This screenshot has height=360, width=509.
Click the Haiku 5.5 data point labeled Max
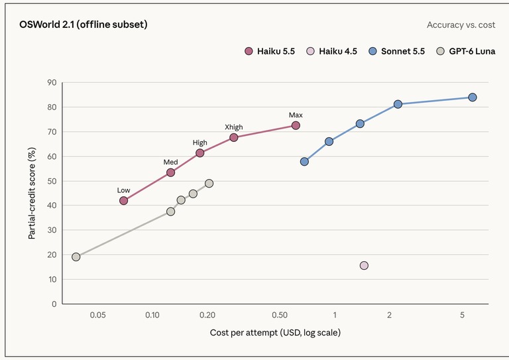coord(296,125)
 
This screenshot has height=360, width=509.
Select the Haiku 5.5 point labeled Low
coord(123,201)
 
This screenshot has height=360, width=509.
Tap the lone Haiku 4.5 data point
coord(364,266)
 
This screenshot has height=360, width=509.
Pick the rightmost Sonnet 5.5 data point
coord(473,97)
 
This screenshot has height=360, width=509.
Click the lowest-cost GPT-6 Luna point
coord(76,257)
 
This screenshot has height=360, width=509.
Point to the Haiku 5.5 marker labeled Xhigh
coord(233,137)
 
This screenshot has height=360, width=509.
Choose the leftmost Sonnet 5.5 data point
coord(304,161)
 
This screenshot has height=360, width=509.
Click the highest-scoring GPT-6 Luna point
coord(209,184)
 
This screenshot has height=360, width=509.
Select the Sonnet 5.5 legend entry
coord(397,51)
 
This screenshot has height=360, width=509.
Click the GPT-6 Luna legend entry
coord(466,51)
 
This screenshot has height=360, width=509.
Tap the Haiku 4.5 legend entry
coord(331,51)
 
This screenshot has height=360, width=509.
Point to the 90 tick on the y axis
coord(52,82)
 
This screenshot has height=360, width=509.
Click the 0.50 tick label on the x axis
coord(280,315)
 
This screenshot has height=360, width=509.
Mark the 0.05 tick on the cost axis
coord(97,315)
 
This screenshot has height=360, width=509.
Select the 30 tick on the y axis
coord(52,230)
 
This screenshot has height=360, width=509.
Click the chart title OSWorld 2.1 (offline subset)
coord(84,25)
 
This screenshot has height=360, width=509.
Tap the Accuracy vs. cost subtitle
coord(461,25)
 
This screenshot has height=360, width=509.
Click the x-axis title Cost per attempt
coord(275,333)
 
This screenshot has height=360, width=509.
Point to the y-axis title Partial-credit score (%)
coord(32,194)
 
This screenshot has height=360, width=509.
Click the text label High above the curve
coord(199,143)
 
